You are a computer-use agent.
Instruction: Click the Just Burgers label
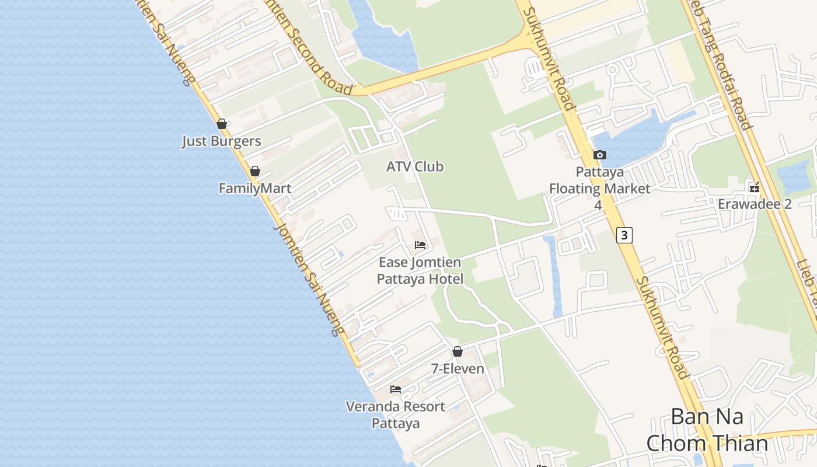click(x=221, y=141)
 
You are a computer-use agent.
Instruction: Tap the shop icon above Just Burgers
click(x=221, y=124)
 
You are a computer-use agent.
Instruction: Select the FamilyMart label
click(x=254, y=189)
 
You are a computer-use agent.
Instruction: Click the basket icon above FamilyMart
click(x=254, y=171)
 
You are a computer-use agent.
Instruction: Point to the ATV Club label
click(x=415, y=167)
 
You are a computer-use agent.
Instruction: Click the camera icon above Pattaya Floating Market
click(x=599, y=155)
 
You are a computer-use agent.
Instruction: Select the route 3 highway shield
click(x=624, y=235)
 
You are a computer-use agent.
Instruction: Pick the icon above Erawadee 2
click(x=755, y=187)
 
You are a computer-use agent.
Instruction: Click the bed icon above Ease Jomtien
click(x=420, y=245)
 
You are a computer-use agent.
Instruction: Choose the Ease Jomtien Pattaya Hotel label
click(x=420, y=271)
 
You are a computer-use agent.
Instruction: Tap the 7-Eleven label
click(x=458, y=369)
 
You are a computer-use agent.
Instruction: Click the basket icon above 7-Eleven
click(x=458, y=351)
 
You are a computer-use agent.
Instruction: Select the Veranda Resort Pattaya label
click(x=396, y=414)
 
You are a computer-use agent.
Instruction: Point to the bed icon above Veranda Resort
click(x=396, y=389)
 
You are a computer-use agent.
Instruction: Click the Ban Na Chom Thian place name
click(x=707, y=430)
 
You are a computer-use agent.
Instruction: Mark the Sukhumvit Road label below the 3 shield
click(x=662, y=327)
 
